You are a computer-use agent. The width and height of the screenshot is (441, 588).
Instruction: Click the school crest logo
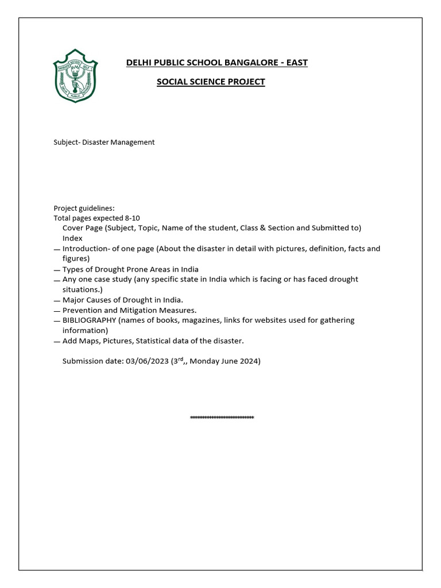click(x=76, y=76)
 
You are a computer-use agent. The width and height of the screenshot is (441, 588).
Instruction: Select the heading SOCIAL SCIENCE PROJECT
click(x=211, y=82)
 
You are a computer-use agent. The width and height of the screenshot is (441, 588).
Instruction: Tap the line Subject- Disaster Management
click(x=104, y=142)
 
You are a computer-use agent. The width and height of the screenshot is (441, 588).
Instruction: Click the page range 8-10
click(x=132, y=218)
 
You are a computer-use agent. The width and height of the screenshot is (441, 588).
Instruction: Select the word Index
click(x=72, y=238)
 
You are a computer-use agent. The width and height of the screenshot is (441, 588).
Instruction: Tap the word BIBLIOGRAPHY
click(x=89, y=320)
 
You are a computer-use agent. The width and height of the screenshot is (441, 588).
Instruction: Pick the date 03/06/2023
click(x=146, y=362)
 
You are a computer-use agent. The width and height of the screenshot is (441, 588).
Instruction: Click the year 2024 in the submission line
click(x=250, y=362)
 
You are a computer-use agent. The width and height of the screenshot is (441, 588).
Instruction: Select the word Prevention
click(x=82, y=310)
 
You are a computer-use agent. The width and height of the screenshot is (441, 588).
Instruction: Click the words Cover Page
click(x=83, y=228)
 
